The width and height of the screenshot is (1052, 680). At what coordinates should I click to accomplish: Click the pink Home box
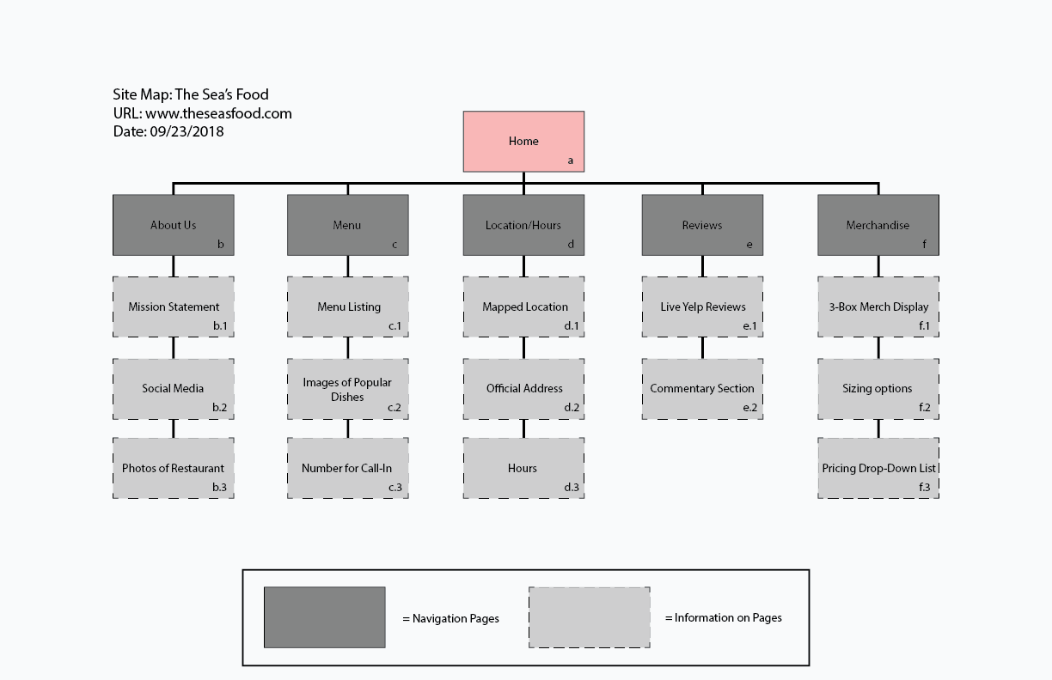click(523, 141)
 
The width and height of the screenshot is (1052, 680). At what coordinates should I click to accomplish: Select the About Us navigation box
click(173, 225)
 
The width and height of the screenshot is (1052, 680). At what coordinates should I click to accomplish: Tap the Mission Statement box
click(173, 307)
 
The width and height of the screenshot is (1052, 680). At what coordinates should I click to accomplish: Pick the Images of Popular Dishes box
click(347, 389)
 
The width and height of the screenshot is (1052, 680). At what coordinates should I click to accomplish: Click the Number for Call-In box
click(347, 468)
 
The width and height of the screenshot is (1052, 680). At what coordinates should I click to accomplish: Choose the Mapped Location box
click(523, 307)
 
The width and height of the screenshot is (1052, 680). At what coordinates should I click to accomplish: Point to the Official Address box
click(523, 388)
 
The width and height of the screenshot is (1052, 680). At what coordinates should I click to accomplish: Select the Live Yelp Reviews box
click(702, 307)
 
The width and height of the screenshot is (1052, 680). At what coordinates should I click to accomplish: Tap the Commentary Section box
click(702, 388)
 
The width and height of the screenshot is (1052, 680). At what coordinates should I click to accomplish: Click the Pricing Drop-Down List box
click(878, 468)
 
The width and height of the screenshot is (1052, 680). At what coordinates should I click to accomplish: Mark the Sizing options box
click(878, 388)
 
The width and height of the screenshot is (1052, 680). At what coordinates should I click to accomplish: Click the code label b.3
click(220, 488)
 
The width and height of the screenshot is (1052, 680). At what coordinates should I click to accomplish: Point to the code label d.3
click(572, 488)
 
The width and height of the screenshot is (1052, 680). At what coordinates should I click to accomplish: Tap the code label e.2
click(750, 407)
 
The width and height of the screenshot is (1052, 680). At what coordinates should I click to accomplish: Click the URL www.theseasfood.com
click(218, 113)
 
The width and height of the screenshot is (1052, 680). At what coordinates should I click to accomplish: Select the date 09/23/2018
click(187, 131)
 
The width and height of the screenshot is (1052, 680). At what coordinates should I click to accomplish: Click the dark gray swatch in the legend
click(324, 617)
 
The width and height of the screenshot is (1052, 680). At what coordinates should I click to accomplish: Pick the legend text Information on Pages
click(728, 617)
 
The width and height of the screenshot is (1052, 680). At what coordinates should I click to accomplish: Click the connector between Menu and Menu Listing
click(347, 265)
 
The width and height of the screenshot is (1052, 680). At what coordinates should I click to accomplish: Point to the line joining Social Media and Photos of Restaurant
click(173, 428)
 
